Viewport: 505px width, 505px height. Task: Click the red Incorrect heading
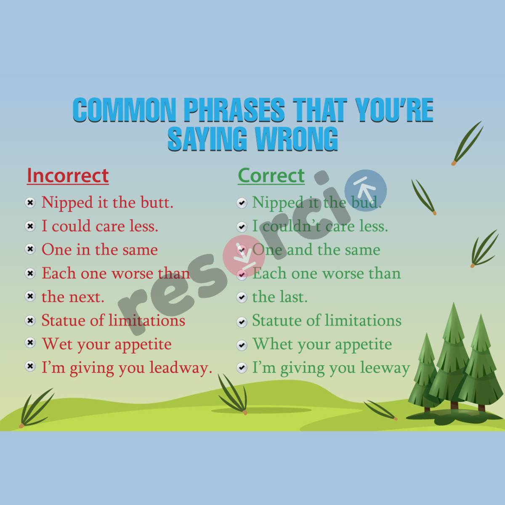click(x=68, y=175)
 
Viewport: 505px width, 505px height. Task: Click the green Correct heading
click(x=271, y=175)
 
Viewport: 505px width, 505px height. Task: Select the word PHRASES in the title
click(x=234, y=110)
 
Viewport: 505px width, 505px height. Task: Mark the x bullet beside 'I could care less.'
click(x=30, y=226)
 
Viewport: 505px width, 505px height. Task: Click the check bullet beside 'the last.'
click(x=242, y=297)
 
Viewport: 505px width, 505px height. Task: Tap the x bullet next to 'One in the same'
click(x=30, y=250)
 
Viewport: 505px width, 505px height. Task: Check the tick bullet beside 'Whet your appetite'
click(x=242, y=345)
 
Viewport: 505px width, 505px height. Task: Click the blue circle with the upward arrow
click(x=365, y=191)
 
